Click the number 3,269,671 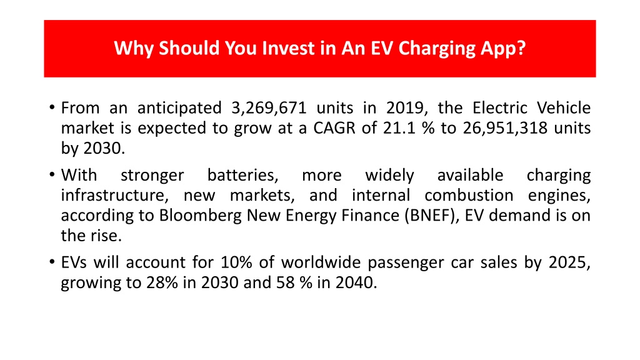(x=269, y=108)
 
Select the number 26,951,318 (x=505, y=128)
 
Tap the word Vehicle (x=564, y=107)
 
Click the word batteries (x=243, y=175)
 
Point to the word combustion (x=469, y=195)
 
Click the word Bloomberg (x=201, y=216)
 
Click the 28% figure (x=162, y=282)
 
